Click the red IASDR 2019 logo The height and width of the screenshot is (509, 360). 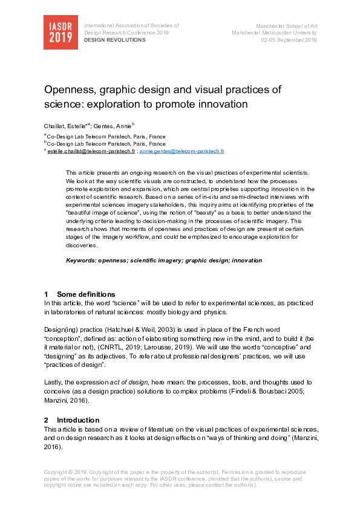point(61,32)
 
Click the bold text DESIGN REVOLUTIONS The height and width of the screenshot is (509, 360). point(115,40)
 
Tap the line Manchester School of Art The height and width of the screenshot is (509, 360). point(287,26)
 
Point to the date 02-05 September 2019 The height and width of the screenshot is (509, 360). point(289,40)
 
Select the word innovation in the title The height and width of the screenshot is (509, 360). point(224,104)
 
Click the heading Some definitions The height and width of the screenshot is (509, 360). point(85,294)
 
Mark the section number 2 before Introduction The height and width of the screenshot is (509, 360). point(46,420)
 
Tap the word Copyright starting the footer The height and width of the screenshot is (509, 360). point(57,472)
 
